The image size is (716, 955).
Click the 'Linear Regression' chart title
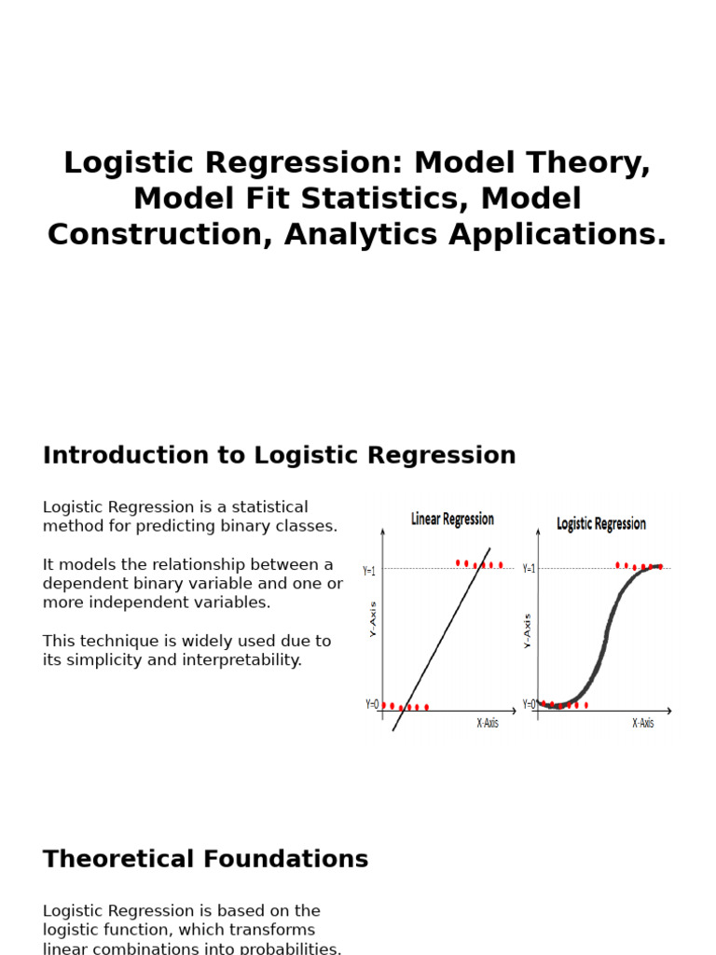(452, 519)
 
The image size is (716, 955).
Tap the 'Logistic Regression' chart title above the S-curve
(601, 524)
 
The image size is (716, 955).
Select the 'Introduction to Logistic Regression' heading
(279, 456)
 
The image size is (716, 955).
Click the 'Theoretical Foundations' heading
(205, 860)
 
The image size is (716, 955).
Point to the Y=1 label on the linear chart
(369, 571)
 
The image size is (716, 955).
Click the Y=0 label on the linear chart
(372, 705)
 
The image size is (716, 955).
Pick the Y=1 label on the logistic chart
(529, 569)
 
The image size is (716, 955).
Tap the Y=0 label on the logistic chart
(529, 704)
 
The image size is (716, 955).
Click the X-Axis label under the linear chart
(488, 723)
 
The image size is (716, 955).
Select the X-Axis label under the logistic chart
(643, 723)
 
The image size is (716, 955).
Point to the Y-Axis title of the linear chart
(373, 619)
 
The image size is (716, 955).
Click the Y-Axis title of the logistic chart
(528, 630)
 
